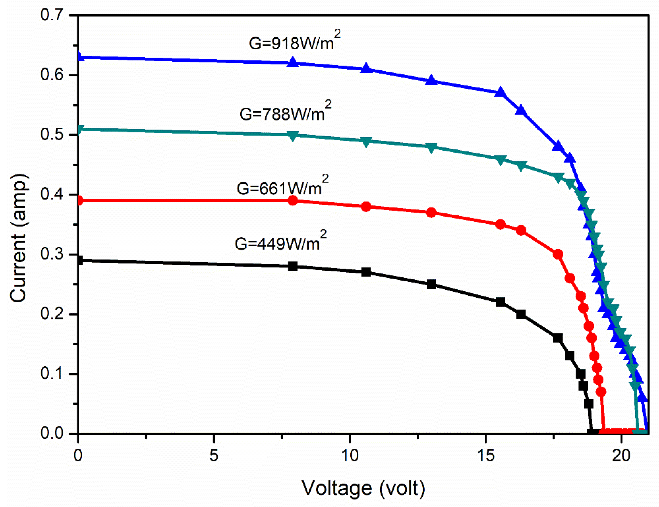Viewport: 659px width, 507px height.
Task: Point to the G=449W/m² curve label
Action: (x=280, y=243)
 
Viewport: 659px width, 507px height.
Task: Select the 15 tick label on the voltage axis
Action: (x=486, y=455)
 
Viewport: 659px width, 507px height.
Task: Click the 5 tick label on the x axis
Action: (x=214, y=455)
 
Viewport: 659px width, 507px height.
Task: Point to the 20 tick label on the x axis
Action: (x=621, y=455)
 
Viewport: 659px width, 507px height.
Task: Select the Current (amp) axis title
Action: (x=19, y=238)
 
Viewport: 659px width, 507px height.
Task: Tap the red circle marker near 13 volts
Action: (x=431, y=213)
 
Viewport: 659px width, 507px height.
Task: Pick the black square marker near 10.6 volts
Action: (x=366, y=272)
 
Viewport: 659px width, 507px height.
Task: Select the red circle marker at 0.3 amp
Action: (x=558, y=254)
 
